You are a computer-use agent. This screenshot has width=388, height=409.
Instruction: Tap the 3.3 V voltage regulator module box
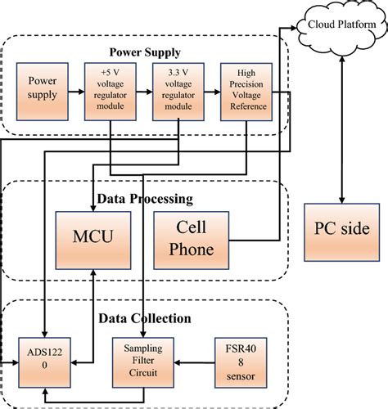[178, 94]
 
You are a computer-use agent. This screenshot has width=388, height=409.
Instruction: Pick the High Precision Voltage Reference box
[247, 94]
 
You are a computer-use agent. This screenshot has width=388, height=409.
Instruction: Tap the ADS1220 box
[41, 360]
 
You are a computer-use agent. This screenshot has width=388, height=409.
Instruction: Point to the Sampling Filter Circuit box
[144, 360]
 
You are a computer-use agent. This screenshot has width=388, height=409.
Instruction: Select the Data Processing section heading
[144, 198]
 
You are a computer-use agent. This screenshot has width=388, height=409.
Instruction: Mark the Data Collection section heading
[144, 318]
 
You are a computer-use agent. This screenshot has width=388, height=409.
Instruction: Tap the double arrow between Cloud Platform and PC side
[341, 123]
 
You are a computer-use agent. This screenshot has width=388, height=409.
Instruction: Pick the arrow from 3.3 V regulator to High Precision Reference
[212, 94]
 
